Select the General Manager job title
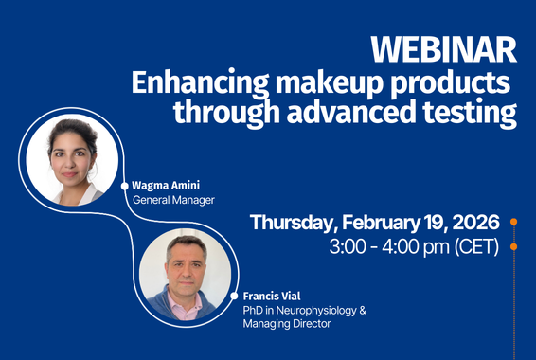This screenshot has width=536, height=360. click(173, 201)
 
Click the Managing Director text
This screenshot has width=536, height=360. click(291, 324)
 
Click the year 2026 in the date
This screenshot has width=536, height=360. click(470, 223)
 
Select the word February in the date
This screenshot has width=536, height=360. click(374, 223)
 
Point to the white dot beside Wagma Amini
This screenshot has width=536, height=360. click(124, 187)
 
